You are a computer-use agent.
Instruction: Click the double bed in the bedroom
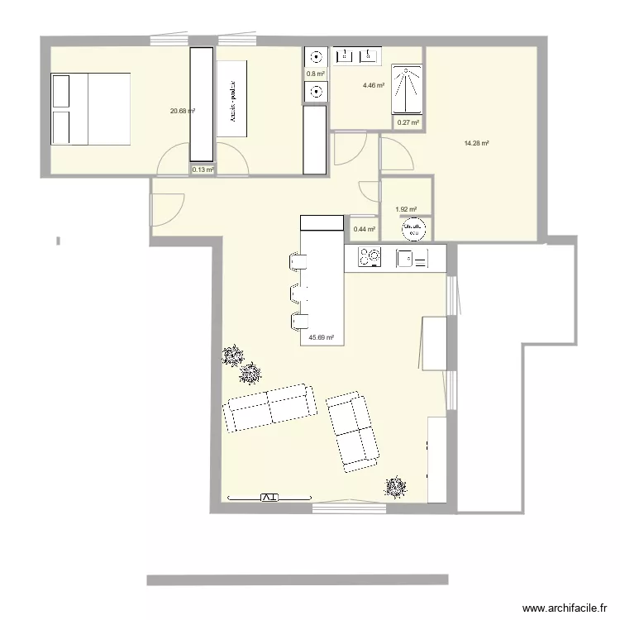tap(91, 109)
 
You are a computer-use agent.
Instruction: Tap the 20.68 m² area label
tap(182, 111)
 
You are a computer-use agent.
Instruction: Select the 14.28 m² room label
tap(476, 143)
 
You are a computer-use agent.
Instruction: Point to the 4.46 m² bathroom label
tap(374, 85)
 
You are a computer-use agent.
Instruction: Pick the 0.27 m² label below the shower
tap(408, 123)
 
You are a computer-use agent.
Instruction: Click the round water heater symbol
tap(413, 228)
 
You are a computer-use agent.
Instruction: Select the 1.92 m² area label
tap(406, 210)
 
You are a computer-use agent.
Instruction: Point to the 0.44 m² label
tap(364, 230)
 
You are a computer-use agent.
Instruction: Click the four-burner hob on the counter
tap(369, 258)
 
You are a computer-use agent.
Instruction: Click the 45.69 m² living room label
tap(322, 337)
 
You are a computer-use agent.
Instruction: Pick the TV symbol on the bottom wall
tap(269, 498)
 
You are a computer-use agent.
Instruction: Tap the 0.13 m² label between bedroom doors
tap(203, 170)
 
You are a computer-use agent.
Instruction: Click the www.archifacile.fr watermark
tap(559, 608)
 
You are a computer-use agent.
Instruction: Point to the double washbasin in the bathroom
tap(357, 55)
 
